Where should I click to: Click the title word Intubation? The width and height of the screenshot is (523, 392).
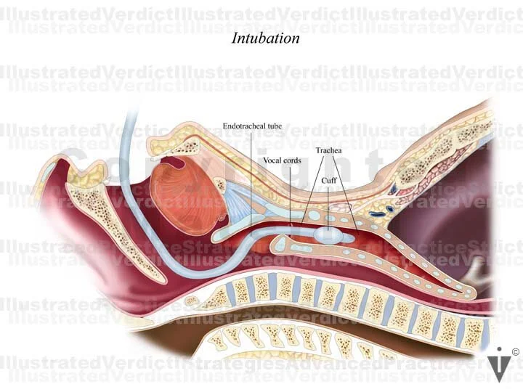(x=265, y=38)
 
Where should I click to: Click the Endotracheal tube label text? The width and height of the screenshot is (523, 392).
(x=252, y=126)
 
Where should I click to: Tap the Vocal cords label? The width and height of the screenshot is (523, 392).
(x=281, y=160)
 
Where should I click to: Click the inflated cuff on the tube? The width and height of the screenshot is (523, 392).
(x=328, y=235)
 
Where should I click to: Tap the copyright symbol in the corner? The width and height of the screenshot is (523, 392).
(x=515, y=352)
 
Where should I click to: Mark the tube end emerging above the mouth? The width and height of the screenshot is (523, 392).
(x=131, y=116)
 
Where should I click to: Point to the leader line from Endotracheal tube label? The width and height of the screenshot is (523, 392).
(x=252, y=181)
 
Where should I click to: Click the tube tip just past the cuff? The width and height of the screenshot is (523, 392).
(x=350, y=237)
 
